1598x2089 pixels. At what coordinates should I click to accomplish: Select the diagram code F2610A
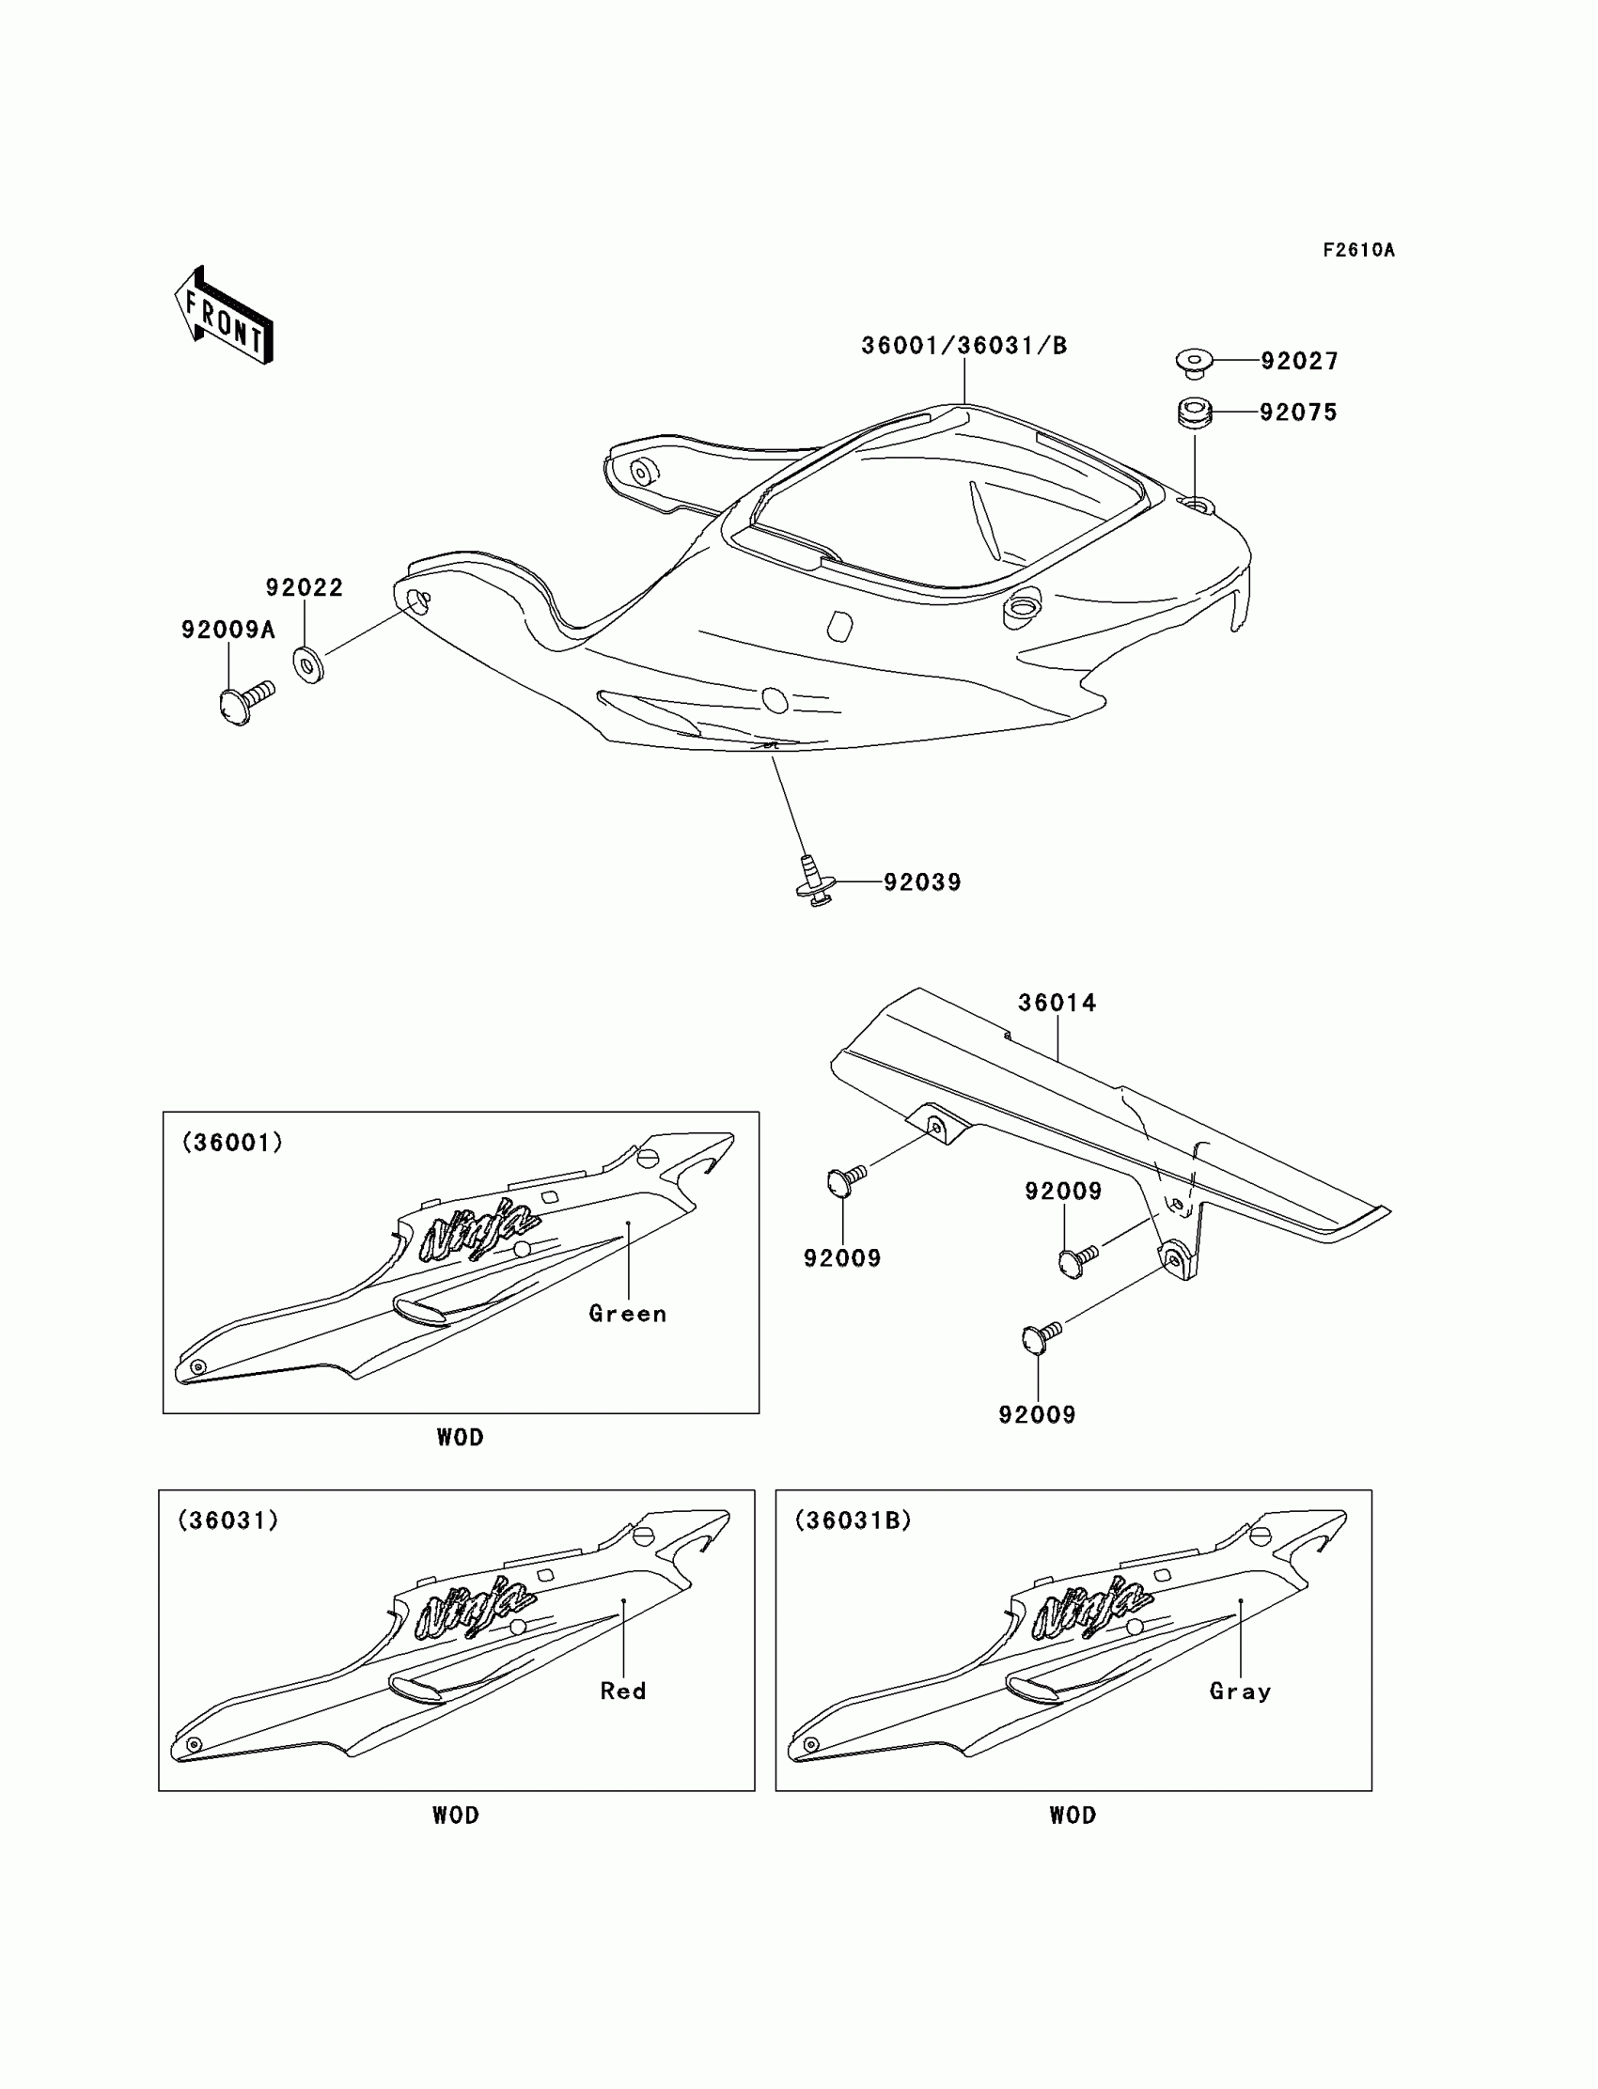[1357, 250]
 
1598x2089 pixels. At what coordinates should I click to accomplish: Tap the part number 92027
[1298, 361]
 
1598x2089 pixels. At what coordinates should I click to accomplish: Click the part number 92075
[1297, 413]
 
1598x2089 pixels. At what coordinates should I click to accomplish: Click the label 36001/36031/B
[963, 346]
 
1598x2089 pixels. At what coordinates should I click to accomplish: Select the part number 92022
[305, 587]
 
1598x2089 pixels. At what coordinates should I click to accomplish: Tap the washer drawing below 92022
[308, 663]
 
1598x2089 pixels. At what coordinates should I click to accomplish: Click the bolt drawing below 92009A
[244, 702]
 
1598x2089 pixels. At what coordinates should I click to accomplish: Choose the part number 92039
[922, 882]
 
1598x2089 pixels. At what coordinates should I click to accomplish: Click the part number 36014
[1057, 1002]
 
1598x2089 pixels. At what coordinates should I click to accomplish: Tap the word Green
[628, 1313]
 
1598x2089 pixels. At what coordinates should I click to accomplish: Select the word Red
[623, 1691]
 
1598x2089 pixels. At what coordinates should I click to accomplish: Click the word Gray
[1241, 1691]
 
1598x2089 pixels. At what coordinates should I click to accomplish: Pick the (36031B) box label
[853, 1520]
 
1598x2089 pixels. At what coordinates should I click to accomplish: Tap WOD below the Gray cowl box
[1072, 1816]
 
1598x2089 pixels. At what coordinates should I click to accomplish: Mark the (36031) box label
[228, 1520]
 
